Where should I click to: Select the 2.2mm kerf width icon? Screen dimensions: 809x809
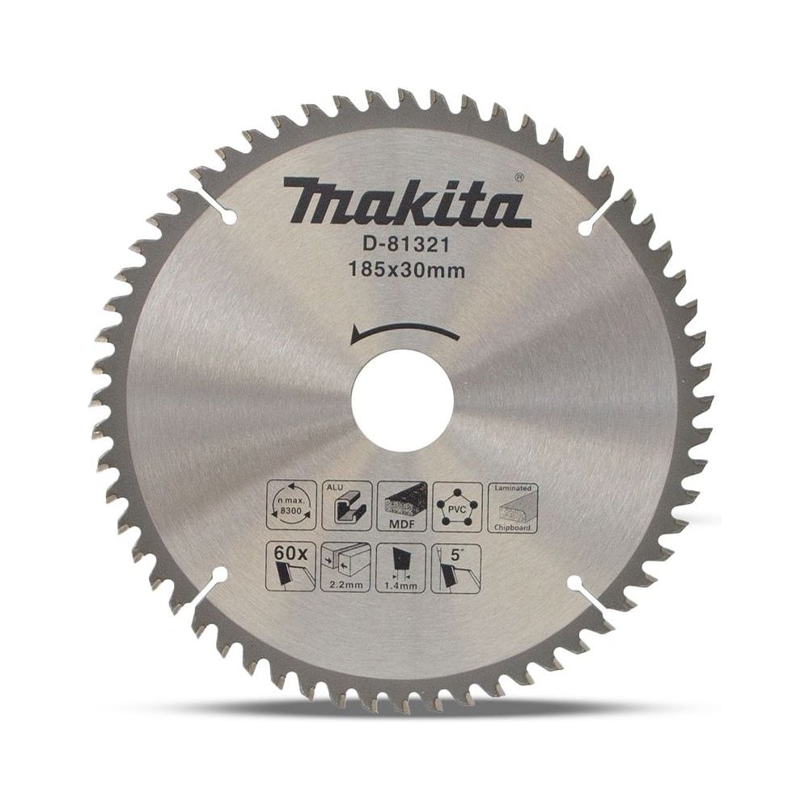point(346,567)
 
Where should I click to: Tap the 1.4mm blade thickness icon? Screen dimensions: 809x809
point(402,567)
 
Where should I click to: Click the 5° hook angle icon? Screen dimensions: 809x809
point(458,567)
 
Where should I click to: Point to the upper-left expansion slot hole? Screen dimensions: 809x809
point(227,217)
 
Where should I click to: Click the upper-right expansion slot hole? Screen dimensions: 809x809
point(584,229)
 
